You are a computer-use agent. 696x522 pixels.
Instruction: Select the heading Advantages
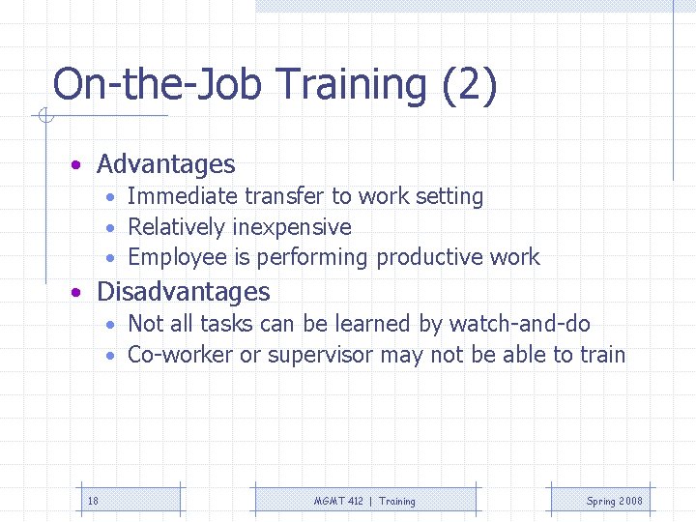click(165, 164)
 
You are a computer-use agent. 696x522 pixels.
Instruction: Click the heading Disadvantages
click(184, 291)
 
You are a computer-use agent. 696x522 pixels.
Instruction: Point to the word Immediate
click(182, 196)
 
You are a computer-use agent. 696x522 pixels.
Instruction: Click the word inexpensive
click(292, 227)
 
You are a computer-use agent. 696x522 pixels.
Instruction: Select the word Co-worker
click(180, 355)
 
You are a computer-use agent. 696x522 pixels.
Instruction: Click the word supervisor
click(319, 355)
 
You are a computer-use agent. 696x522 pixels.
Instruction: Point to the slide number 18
click(93, 501)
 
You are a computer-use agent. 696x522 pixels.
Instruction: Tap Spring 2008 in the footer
click(614, 501)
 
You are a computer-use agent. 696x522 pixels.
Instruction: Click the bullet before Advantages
click(75, 165)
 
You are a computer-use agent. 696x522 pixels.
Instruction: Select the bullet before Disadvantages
click(75, 292)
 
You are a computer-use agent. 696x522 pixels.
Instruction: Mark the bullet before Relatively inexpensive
click(112, 228)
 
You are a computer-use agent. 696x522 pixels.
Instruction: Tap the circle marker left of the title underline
click(44, 117)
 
